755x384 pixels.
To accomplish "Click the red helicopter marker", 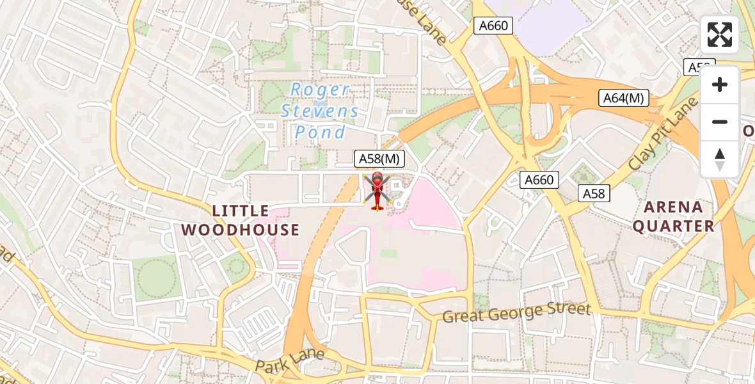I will pyautogui.click(x=376, y=191).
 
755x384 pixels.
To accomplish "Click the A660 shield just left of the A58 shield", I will pyautogui.click(x=539, y=180).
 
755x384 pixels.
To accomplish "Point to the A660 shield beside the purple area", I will pyautogui.click(x=493, y=26).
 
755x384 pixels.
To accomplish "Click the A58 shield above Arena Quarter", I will pyautogui.click(x=594, y=193).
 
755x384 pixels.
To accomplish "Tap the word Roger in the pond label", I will pyautogui.click(x=320, y=90).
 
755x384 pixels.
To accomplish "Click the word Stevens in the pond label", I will pyautogui.click(x=320, y=111).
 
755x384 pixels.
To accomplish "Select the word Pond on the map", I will pyautogui.click(x=320, y=132).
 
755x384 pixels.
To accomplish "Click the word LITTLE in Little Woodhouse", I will pyautogui.click(x=241, y=211).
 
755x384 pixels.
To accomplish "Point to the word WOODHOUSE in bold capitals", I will pyautogui.click(x=241, y=230).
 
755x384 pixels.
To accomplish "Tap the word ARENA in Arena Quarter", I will pyautogui.click(x=672, y=207).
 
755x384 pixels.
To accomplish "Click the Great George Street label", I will pyautogui.click(x=516, y=314).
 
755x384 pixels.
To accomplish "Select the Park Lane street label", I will pyautogui.click(x=290, y=360).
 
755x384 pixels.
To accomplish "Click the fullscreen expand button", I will pyautogui.click(x=720, y=35).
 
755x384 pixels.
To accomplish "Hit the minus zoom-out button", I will pyautogui.click(x=720, y=122).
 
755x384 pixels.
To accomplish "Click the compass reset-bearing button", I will pyautogui.click(x=720, y=159).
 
